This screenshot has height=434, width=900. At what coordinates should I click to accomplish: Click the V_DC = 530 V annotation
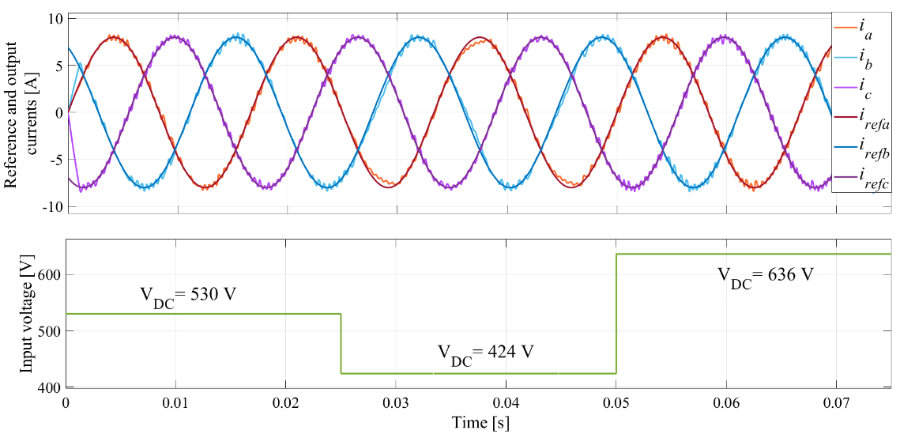(x=188, y=296)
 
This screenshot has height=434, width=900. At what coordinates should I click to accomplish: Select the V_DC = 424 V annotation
(x=486, y=353)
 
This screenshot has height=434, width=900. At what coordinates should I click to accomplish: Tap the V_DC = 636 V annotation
(x=765, y=277)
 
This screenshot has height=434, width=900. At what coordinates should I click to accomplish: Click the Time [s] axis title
(x=480, y=423)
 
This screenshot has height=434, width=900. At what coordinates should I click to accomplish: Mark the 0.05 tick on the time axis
(x=616, y=402)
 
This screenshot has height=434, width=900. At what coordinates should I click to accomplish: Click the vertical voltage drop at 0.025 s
(x=341, y=344)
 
